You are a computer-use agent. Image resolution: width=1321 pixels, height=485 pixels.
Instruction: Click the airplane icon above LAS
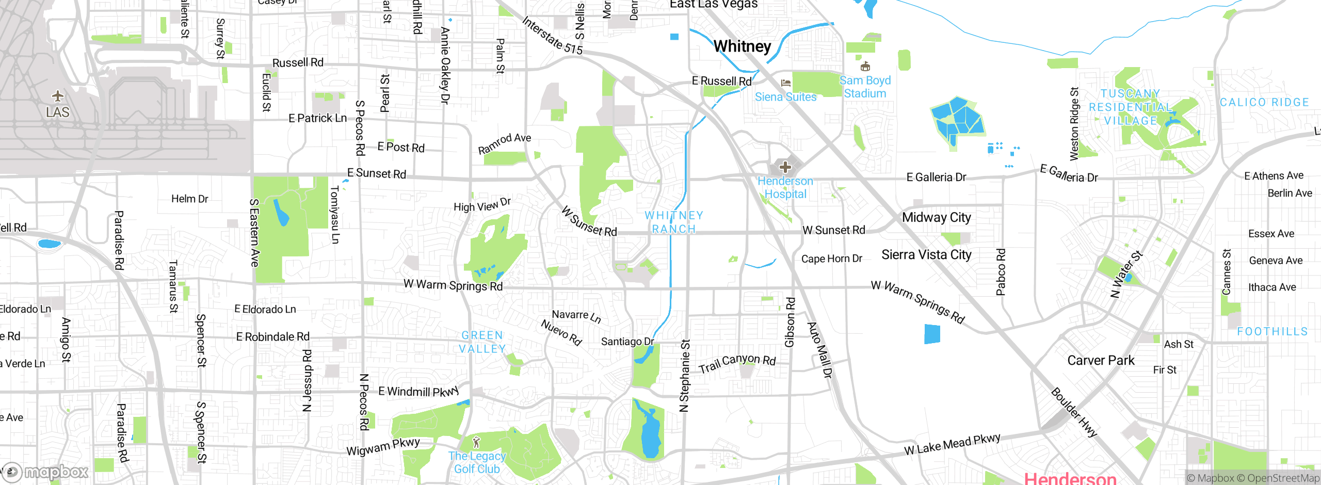(x=58, y=96)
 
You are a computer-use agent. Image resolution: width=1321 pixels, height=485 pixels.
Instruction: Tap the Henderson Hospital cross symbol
(x=785, y=167)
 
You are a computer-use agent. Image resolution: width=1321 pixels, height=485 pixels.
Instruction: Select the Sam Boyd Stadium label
(x=865, y=87)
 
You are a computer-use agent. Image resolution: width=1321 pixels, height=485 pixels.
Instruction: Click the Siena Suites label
(x=785, y=97)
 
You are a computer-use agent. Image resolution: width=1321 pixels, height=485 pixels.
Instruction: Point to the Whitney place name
(x=742, y=46)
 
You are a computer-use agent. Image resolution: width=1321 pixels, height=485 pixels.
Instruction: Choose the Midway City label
(x=936, y=217)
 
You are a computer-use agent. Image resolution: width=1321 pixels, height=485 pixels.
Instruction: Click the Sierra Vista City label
(x=926, y=255)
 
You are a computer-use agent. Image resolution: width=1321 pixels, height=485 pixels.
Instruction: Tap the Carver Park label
(x=1101, y=360)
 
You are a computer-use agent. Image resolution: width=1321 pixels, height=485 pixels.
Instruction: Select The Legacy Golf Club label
(x=477, y=462)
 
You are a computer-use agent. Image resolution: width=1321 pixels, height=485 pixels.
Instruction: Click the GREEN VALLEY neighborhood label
(x=482, y=342)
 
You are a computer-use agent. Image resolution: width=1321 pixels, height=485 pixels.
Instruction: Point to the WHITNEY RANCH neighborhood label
(x=674, y=222)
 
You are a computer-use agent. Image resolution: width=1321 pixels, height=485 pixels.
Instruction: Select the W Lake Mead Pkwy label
(x=952, y=444)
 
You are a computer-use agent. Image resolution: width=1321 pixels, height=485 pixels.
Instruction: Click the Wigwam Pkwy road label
(x=383, y=447)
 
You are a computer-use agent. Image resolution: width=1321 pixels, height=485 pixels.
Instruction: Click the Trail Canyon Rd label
(x=737, y=363)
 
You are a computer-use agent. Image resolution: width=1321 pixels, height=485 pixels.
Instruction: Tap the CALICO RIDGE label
(x=1264, y=103)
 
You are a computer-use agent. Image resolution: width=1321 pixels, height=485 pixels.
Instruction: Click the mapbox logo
(x=46, y=472)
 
